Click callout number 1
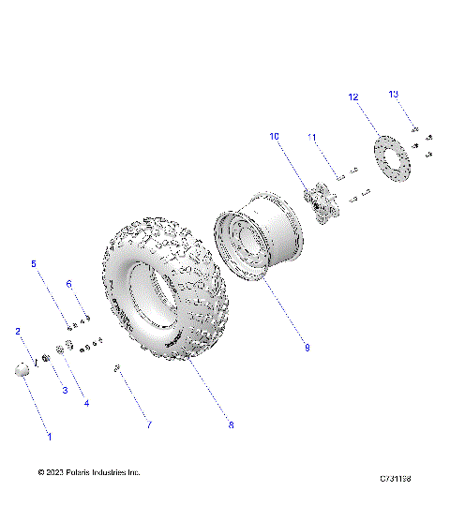(50, 436)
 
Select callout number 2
(18, 332)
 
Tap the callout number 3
(65, 389)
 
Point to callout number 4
(86, 403)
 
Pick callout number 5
(35, 264)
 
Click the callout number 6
(67, 284)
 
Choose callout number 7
(147, 425)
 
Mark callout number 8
(231, 425)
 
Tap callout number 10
(275, 136)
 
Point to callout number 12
(353, 97)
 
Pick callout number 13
(394, 94)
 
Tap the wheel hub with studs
(322, 202)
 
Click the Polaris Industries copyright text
(89, 472)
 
